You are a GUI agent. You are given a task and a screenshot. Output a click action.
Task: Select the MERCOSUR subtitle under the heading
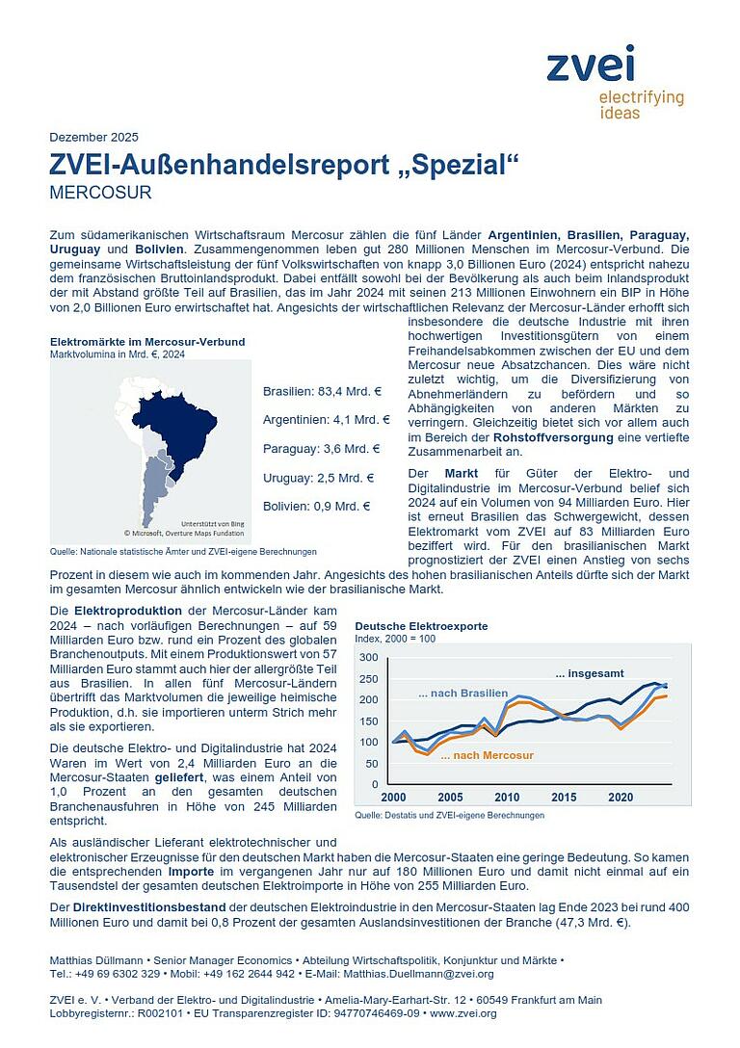pyautogui.click(x=100, y=192)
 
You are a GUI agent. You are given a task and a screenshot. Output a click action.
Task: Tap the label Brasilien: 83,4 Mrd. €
pyautogui.click(x=322, y=391)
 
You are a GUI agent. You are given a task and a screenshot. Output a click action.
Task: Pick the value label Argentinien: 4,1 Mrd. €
pyautogui.click(x=326, y=420)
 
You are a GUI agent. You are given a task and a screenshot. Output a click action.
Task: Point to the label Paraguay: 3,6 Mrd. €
pyautogui.click(x=321, y=448)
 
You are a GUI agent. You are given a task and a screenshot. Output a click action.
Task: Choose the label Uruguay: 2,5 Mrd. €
pyautogui.click(x=318, y=477)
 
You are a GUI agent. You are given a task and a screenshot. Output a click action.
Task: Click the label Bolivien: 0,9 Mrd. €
pyautogui.click(x=317, y=506)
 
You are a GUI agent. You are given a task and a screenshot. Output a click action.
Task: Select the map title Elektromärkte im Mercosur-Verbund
pyautogui.click(x=146, y=342)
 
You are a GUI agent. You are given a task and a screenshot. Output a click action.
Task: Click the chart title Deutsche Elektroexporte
pyautogui.click(x=421, y=626)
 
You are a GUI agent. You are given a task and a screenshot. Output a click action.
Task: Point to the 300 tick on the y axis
pyautogui.click(x=368, y=657)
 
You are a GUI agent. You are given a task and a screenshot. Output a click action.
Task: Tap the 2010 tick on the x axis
pyautogui.click(x=507, y=798)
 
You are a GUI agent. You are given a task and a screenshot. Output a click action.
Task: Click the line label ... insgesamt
pyautogui.click(x=590, y=672)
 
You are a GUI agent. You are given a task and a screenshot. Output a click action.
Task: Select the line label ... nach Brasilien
pyautogui.click(x=462, y=694)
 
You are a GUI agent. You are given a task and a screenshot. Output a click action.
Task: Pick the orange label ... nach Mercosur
pyautogui.click(x=487, y=756)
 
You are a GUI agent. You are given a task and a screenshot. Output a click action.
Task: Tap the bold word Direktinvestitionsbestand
pyautogui.click(x=137, y=907)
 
